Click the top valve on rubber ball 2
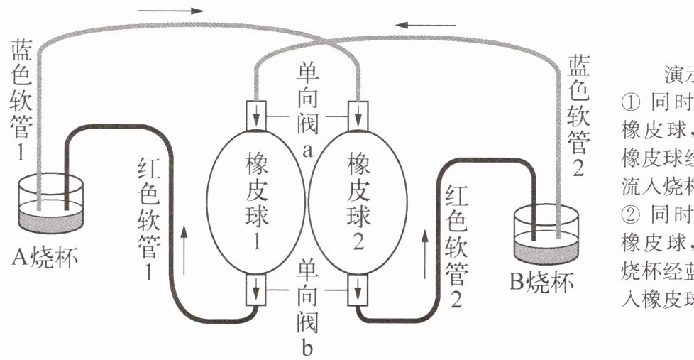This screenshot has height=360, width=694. pyautogui.click(x=358, y=112)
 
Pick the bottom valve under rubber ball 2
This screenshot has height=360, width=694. pyautogui.click(x=358, y=291)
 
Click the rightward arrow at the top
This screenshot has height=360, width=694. pyautogui.click(x=170, y=11)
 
